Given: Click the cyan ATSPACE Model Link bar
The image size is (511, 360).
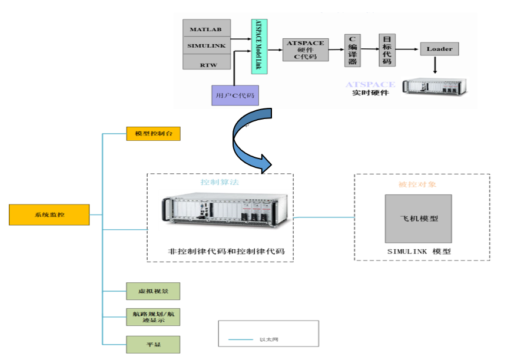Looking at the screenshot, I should [x=259, y=46].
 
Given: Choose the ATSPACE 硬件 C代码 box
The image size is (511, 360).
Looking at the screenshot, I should [x=305, y=49].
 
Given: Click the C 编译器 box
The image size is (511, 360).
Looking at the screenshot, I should [x=352, y=49].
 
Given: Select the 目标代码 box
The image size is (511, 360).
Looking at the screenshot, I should [x=386, y=49].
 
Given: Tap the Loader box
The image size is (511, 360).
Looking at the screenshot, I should [x=439, y=49].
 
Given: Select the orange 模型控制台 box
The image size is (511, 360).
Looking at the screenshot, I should [x=153, y=134].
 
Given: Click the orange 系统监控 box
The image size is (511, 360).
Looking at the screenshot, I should [x=49, y=214].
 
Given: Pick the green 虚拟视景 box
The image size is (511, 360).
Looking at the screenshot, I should [x=153, y=290].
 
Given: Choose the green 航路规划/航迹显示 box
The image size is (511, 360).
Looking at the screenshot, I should [x=153, y=317].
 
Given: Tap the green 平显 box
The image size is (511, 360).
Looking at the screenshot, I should [x=153, y=344].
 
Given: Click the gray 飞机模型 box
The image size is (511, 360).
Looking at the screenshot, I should [x=419, y=219].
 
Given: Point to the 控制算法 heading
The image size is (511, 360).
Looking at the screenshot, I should [x=220, y=183].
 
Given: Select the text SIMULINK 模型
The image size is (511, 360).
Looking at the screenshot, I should [x=419, y=252].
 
